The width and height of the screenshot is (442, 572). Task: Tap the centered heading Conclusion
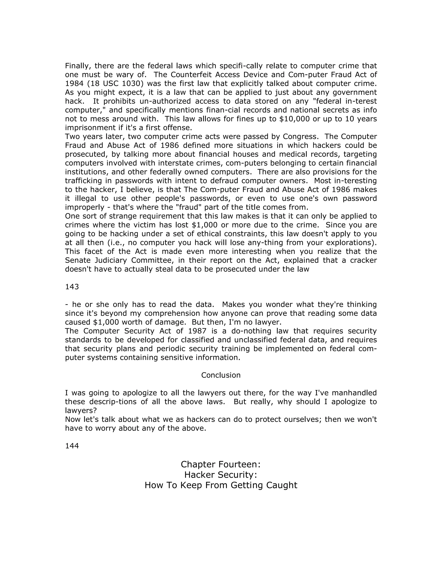[221, 375]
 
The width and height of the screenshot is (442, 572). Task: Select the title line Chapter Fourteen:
[221, 464]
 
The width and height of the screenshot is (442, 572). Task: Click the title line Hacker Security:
[221, 475]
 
